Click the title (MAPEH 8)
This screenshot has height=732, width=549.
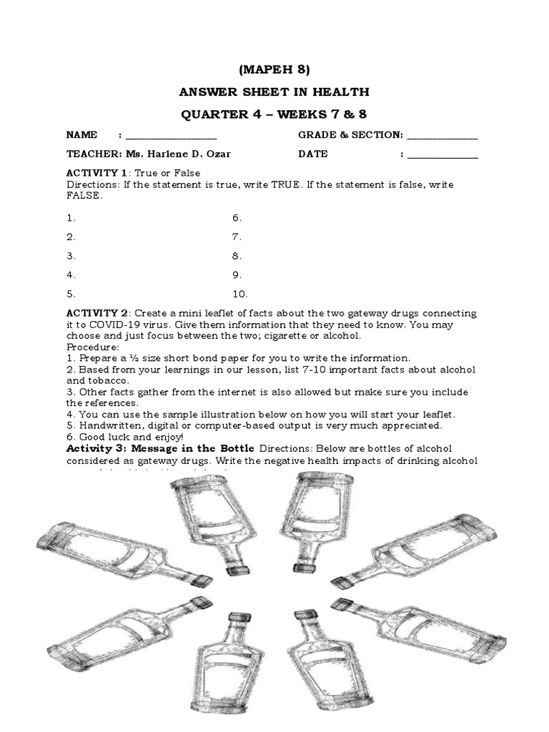(x=274, y=69)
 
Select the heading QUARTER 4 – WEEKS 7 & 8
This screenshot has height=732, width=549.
(x=274, y=115)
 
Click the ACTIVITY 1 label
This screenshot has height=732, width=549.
(x=96, y=174)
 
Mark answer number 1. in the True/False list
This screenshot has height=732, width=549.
(x=71, y=218)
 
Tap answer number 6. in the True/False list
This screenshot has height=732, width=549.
(x=237, y=218)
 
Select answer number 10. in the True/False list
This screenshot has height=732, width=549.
(x=239, y=294)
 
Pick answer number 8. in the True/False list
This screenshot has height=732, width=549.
(x=237, y=256)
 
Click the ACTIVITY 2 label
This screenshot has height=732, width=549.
(x=97, y=313)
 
